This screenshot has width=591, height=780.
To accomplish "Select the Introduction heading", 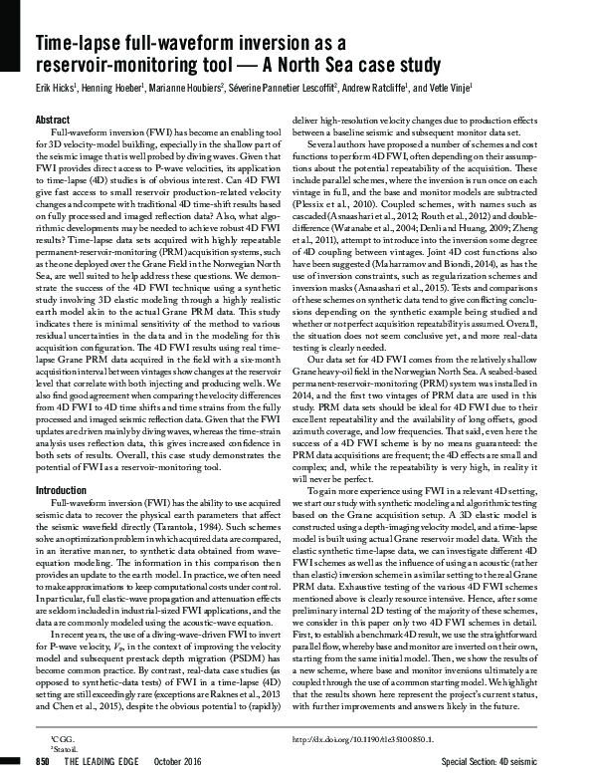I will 62,490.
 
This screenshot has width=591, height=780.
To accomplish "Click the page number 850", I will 43,761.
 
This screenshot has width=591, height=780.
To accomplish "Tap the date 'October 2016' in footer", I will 189,761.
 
